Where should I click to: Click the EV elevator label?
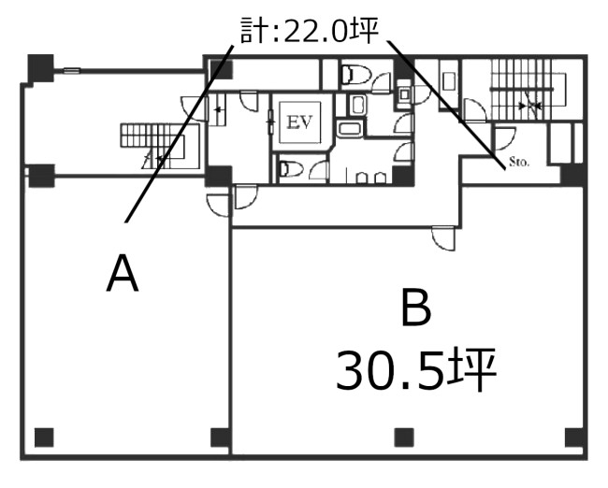[299, 122]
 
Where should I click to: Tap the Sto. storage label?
[519, 162]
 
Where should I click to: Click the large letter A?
[123, 273]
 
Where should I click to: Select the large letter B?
[415, 308]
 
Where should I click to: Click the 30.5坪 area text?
[416, 369]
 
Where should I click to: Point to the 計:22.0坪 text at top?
[309, 30]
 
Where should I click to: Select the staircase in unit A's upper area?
[160, 145]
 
